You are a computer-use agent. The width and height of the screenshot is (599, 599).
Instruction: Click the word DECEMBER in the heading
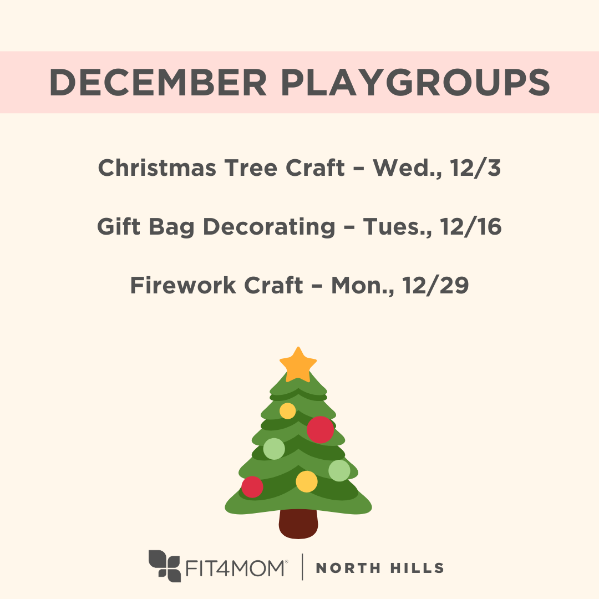pos(158,82)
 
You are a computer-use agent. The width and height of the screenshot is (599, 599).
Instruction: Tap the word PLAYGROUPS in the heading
pos(415,82)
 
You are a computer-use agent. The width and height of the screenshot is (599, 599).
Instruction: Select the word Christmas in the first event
pos(157,167)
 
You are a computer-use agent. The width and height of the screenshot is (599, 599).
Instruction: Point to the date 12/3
pos(475,167)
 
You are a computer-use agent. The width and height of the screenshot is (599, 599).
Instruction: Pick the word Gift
pos(119,226)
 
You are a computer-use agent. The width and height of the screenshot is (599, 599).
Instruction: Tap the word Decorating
pos(269,227)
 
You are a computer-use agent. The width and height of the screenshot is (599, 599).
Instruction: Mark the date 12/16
pos(471,226)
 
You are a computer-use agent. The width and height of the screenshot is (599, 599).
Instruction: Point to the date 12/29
pos(435,285)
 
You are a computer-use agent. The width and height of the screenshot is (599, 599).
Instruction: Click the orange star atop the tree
pos(298,364)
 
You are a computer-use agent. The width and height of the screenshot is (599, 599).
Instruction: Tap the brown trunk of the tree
pos(298,524)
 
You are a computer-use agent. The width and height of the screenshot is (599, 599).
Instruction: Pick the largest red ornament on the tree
pos(320,430)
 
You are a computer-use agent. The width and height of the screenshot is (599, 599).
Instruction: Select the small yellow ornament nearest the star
pos(288,410)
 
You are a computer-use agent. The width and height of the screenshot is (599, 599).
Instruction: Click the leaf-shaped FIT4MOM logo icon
pos(165,566)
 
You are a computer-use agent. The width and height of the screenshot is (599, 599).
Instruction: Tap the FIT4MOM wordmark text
pos(236,568)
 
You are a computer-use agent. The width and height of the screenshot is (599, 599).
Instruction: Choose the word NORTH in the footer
pos(348,568)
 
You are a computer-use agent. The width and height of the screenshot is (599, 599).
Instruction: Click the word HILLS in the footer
pos(417,568)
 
